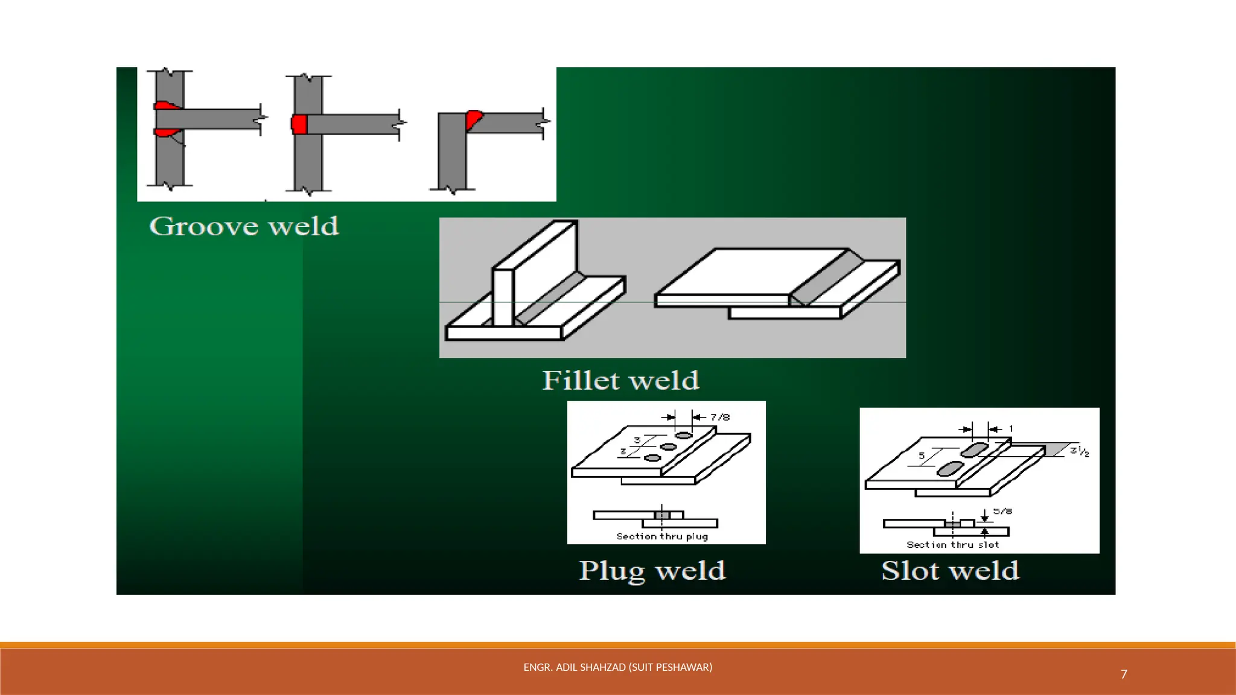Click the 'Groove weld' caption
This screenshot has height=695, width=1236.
point(244,227)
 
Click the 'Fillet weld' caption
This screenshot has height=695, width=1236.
point(620,381)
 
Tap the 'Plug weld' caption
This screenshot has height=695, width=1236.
point(652,571)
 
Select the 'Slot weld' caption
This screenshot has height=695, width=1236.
point(950,571)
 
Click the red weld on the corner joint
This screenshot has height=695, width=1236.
point(473,119)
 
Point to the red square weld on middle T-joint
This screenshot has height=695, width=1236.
point(299,124)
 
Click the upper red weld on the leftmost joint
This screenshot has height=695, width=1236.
point(165,106)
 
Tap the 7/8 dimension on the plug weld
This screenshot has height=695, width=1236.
point(719,417)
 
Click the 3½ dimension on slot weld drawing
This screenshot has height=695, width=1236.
point(1079,451)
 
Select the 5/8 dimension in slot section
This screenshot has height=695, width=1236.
point(1002,511)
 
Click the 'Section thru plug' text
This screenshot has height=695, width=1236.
point(662,536)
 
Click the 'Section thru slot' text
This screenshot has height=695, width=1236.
point(952,545)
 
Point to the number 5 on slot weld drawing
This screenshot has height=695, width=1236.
point(922,455)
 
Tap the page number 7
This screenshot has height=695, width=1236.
point(1124,674)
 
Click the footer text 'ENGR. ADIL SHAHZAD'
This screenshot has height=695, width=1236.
point(617,667)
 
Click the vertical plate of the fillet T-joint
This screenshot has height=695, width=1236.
point(503,296)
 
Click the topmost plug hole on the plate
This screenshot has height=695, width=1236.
point(683,435)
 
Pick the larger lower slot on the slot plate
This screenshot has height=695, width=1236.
point(950,468)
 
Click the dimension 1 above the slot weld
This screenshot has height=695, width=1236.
point(1011,429)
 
